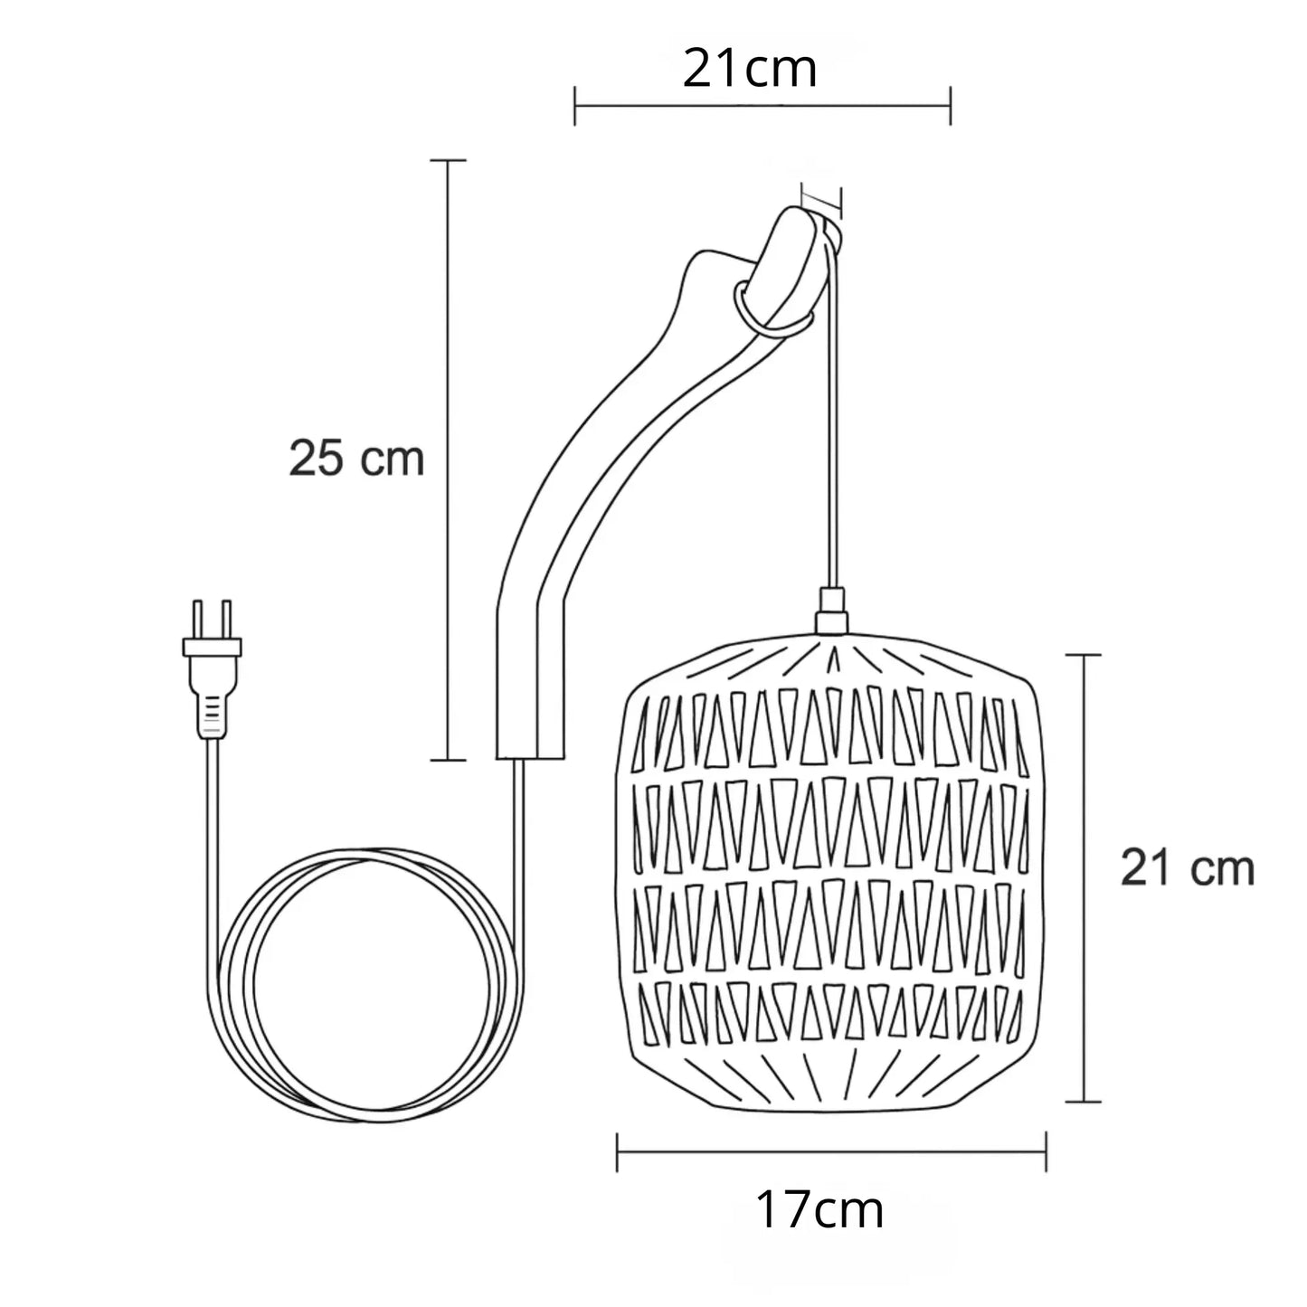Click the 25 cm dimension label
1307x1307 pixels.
click(356, 459)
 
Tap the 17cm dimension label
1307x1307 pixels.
click(819, 1210)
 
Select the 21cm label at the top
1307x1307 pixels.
click(750, 70)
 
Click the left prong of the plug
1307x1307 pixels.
click(198, 620)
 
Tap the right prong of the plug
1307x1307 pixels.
click(227, 620)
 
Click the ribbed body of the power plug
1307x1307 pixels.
click(212, 706)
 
